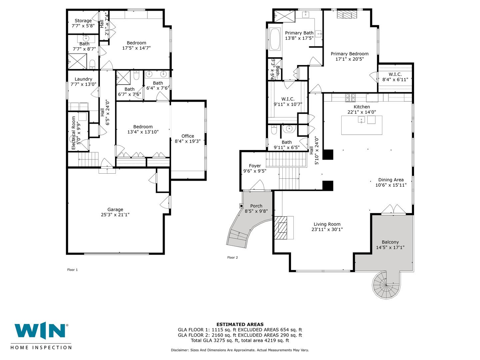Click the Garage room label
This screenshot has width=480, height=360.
pyautogui.click(x=115, y=209)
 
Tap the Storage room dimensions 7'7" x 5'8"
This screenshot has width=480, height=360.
pyautogui.click(x=83, y=26)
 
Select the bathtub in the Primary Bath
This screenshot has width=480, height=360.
pyautogui.click(x=275, y=39)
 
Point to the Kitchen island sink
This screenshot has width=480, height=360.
pyautogui.click(x=361, y=120)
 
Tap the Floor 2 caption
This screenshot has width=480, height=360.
pyautogui.click(x=232, y=257)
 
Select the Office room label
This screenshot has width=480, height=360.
pyautogui.click(x=188, y=136)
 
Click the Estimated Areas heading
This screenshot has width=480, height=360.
pyautogui.click(x=240, y=324)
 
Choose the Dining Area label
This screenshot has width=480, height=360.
pyautogui.click(x=391, y=180)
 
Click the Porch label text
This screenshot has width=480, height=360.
pyautogui.click(x=256, y=206)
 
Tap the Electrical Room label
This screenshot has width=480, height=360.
pyautogui.click(x=73, y=133)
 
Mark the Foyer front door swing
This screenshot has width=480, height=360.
pyautogui.click(x=257, y=185)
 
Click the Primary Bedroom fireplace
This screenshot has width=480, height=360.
pyautogui.click(x=347, y=15)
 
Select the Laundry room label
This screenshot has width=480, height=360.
pyautogui.click(x=83, y=79)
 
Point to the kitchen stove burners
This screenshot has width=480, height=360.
pyautogui.click(x=350, y=97)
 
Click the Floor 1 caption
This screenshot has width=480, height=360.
pyautogui.click(x=72, y=270)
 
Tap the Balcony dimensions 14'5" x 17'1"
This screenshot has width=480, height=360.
pyautogui.click(x=390, y=247)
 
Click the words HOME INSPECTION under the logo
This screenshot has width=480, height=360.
pyautogui.click(x=41, y=347)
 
